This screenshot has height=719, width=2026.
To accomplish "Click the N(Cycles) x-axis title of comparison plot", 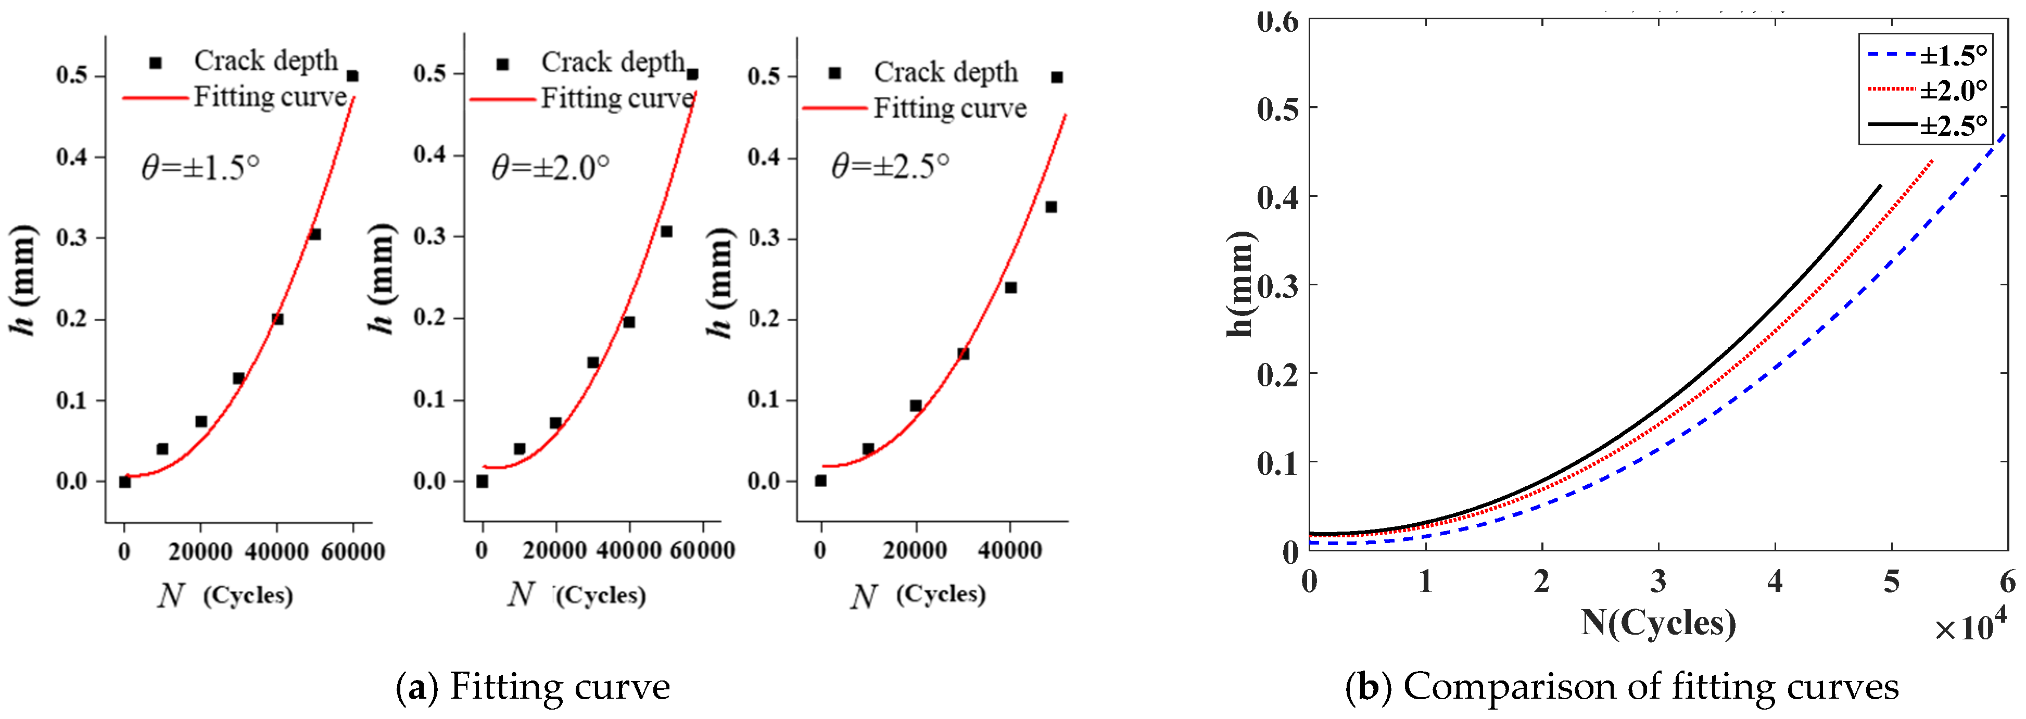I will click(1658, 623).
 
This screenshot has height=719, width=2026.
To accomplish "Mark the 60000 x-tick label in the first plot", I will click(353, 551).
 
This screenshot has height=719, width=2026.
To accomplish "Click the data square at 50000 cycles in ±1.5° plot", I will click(314, 234).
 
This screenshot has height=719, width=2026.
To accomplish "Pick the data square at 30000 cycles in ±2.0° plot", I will click(593, 363).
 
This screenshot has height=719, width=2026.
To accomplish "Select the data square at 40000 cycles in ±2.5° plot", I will click(1010, 288).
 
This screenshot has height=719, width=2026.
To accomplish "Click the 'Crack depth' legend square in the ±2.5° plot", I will click(834, 73).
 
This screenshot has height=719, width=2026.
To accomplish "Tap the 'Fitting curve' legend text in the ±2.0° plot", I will click(617, 99).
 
